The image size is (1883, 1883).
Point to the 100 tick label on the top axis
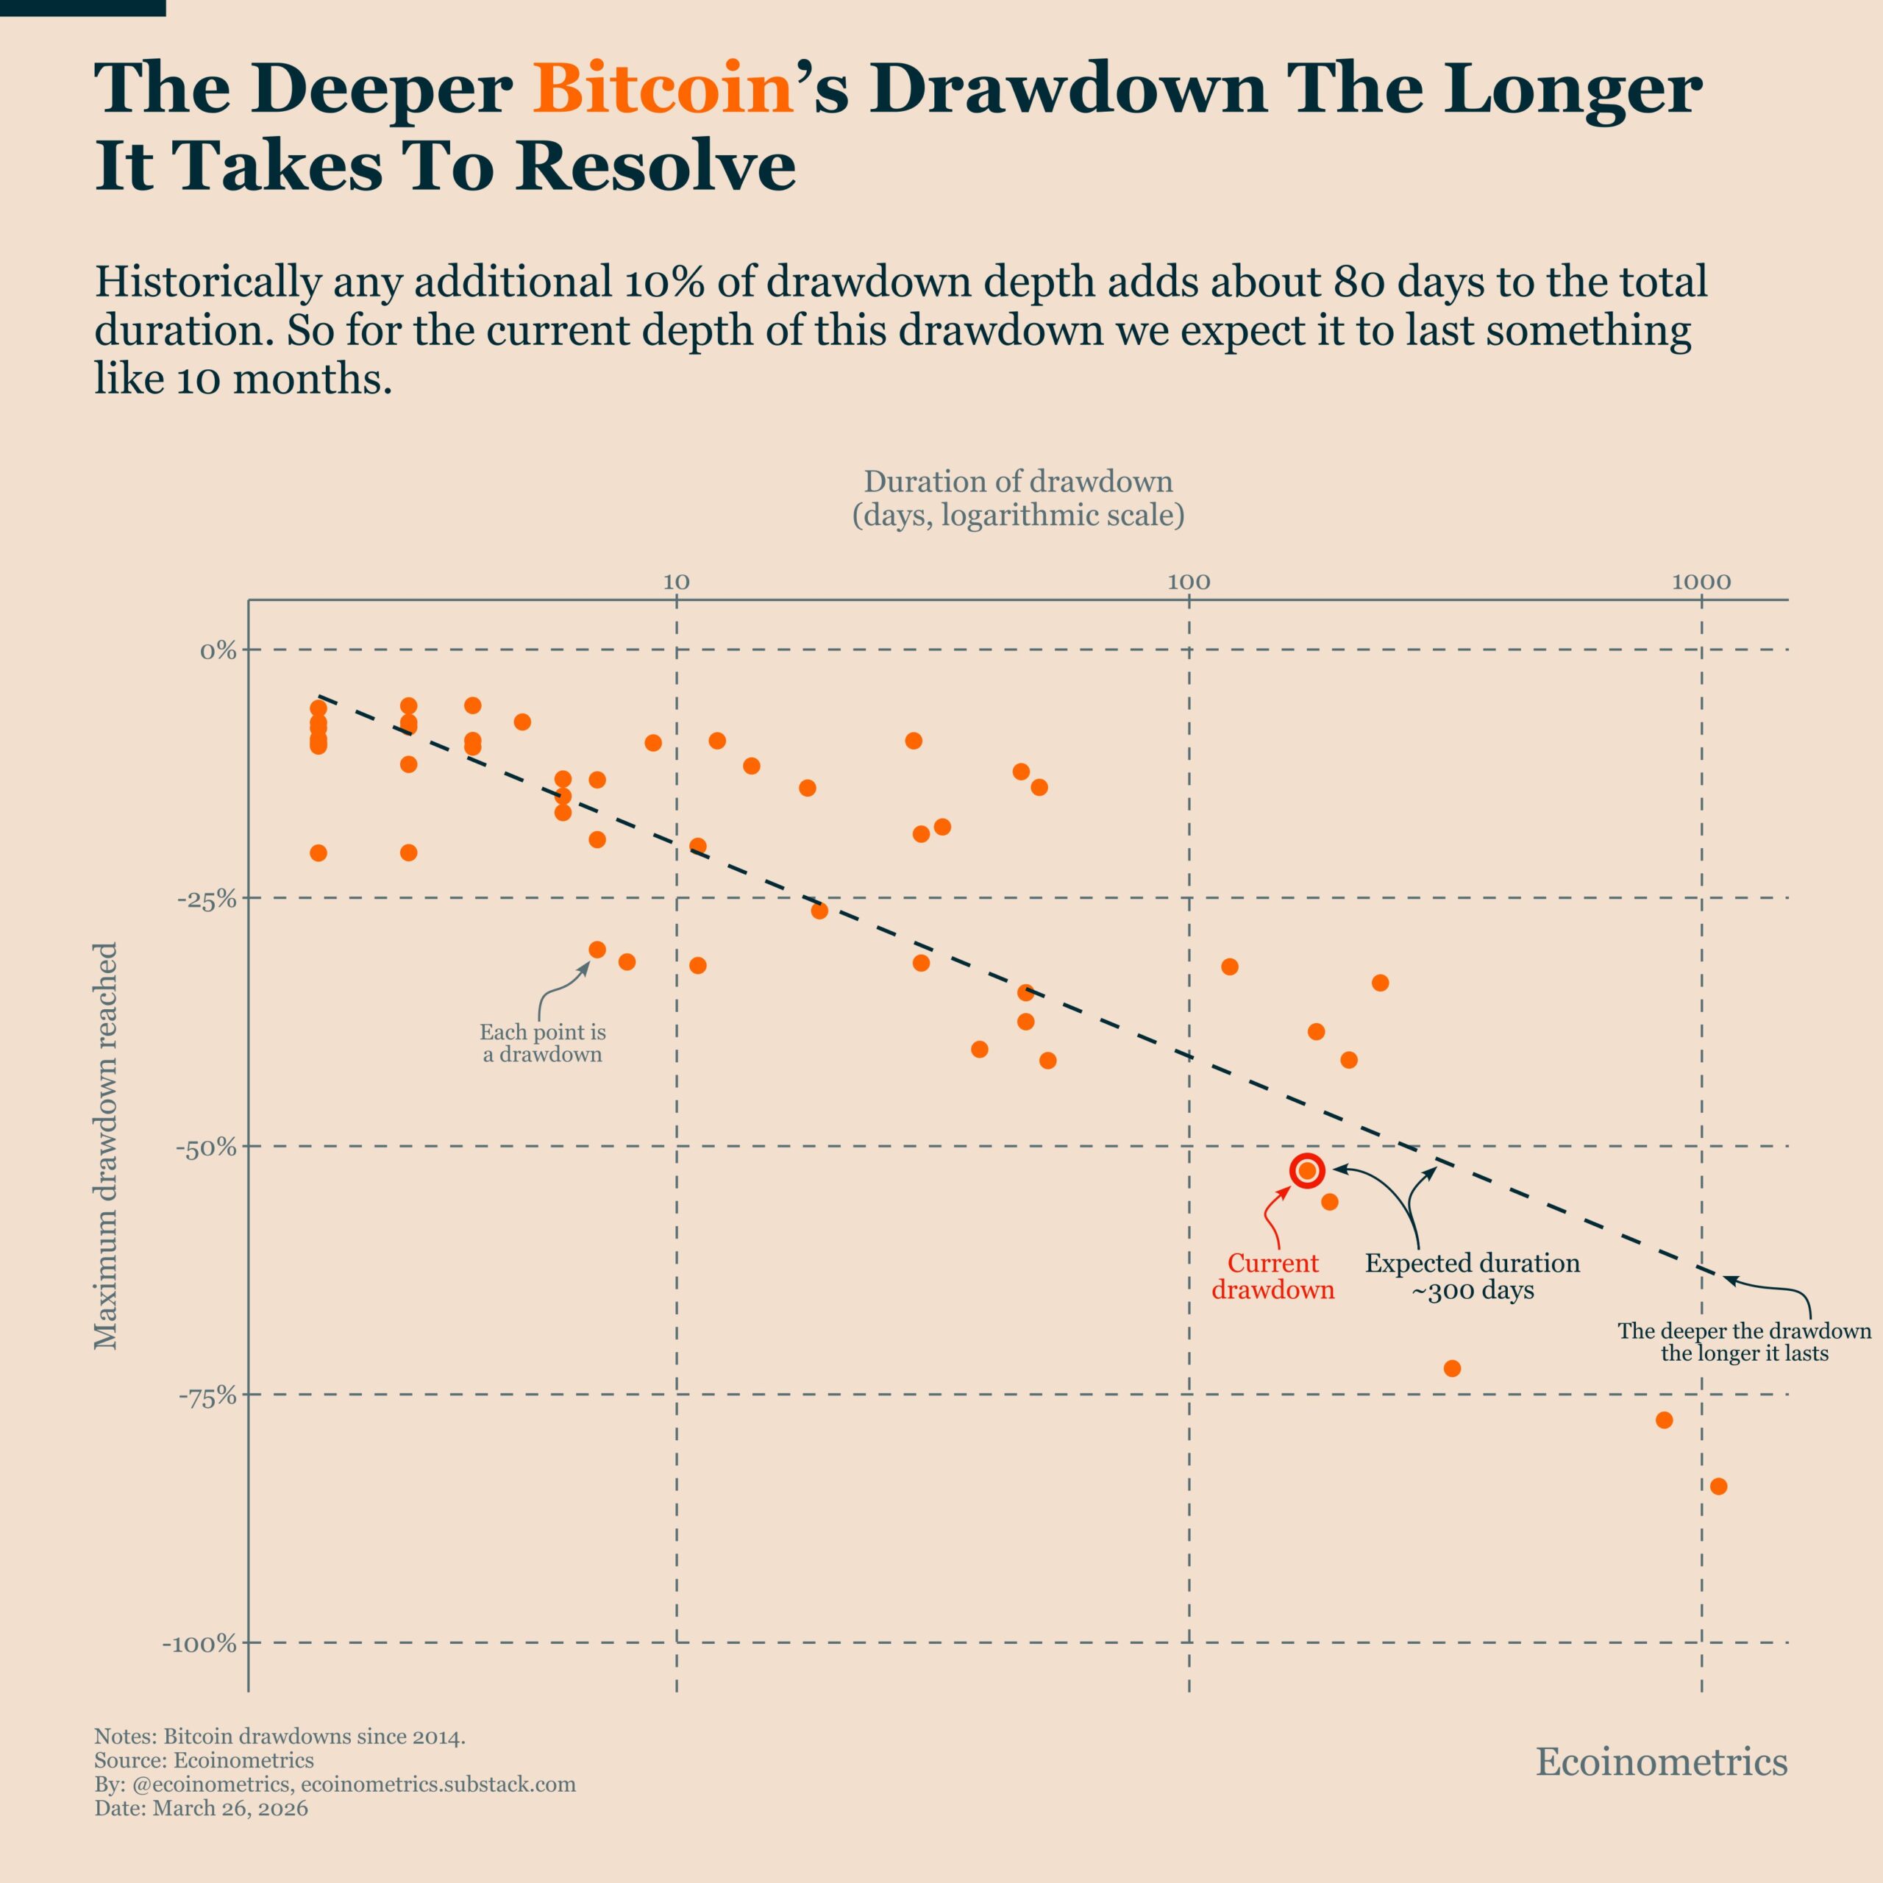pyautogui.click(x=1188, y=583)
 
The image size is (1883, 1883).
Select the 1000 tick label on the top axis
pyautogui.click(x=1701, y=583)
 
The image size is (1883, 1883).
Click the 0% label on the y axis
pyautogui.click(x=218, y=650)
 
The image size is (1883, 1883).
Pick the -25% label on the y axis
pyautogui.click(x=207, y=899)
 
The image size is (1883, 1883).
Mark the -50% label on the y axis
pyautogui.click(x=207, y=1147)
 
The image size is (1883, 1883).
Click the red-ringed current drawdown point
pyautogui.click(x=1307, y=1170)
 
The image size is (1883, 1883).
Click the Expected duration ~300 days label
pyautogui.click(x=1472, y=1277)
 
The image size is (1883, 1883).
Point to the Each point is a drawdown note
pyautogui.click(x=543, y=1043)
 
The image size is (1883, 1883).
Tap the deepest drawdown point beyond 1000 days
pyautogui.click(x=1718, y=1487)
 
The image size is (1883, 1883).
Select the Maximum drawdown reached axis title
pyautogui.click(x=105, y=1145)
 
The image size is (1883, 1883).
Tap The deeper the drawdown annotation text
pyautogui.click(x=1744, y=1342)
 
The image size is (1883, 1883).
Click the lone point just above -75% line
pyautogui.click(x=1451, y=1368)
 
